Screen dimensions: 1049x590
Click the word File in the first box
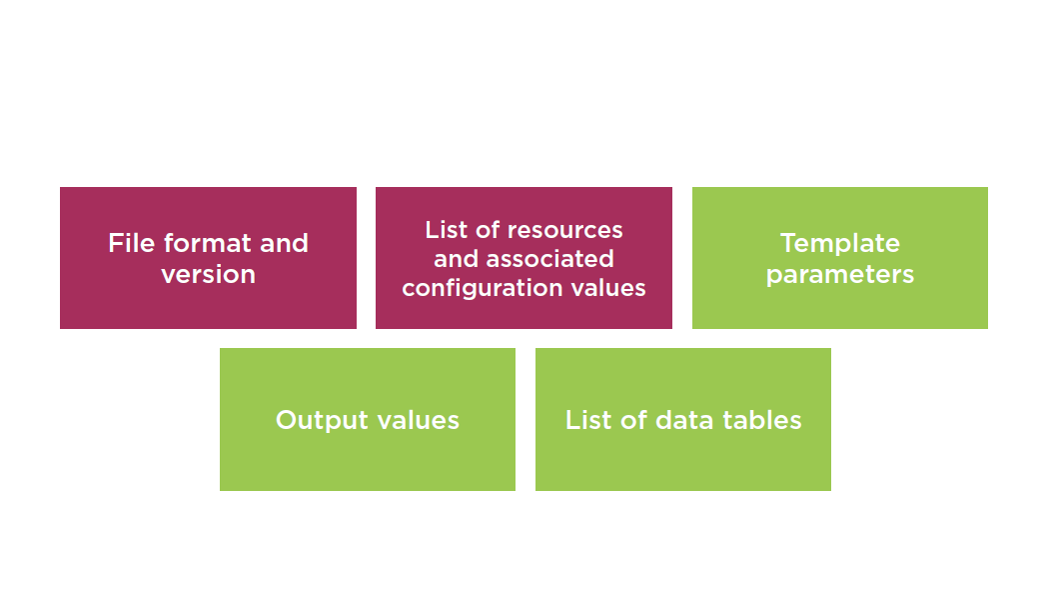point(132,243)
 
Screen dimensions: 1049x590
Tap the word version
point(208,275)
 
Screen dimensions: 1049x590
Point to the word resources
point(565,230)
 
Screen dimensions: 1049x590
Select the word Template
point(839,244)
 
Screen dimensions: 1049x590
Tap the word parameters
point(839,275)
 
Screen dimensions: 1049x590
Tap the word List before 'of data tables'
point(588,420)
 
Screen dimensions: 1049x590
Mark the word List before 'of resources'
point(447,230)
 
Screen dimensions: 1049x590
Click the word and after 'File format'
point(285,243)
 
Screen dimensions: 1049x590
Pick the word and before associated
point(456,259)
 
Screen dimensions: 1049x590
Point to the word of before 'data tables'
point(633,420)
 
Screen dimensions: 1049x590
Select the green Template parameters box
point(839,258)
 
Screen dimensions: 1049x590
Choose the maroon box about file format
point(208,258)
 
